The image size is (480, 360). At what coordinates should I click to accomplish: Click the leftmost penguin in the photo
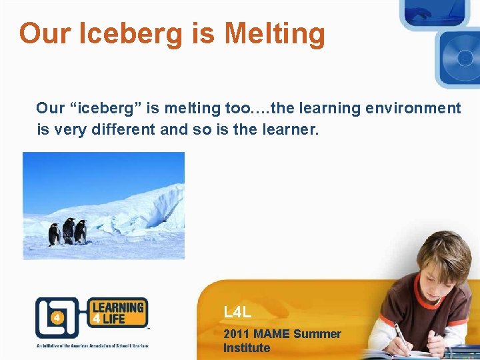click(54, 234)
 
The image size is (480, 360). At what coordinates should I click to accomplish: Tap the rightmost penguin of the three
click(81, 231)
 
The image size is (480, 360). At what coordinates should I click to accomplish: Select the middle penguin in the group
click(68, 230)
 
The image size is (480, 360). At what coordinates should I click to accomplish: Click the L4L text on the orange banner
click(238, 311)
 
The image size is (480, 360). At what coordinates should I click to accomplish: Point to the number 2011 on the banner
click(237, 334)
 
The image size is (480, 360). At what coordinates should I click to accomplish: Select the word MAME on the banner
click(271, 334)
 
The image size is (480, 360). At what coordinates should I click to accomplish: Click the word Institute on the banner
click(247, 348)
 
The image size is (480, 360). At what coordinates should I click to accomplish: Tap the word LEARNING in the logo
click(117, 308)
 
